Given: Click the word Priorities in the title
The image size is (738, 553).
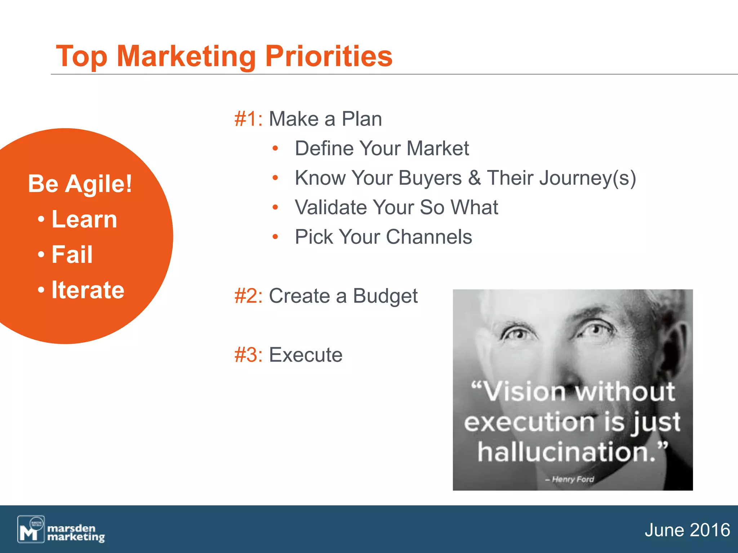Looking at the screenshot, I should (x=329, y=57).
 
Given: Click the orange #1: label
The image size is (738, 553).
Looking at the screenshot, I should (x=248, y=119).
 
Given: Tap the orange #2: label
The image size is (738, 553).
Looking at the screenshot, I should (x=248, y=296).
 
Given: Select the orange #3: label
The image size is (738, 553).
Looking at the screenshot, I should (x=248, y=355).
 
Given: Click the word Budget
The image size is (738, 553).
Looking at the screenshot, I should (x=385, y=297).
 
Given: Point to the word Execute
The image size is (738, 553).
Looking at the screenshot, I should (x=306, y=355).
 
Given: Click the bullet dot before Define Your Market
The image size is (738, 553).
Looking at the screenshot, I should (x=275, y=148).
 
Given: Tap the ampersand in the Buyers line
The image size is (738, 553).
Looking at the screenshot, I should (x=474, y=178).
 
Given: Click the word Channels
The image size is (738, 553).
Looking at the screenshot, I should (x=429, y=237).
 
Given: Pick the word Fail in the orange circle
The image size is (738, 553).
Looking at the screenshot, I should (x=72, y=254).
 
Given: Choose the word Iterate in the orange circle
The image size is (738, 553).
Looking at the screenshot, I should (x=88, y=290).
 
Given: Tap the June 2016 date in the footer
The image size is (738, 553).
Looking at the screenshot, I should (x=687, y=530).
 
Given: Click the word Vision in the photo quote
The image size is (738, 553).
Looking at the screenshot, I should (x=524, y=391).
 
